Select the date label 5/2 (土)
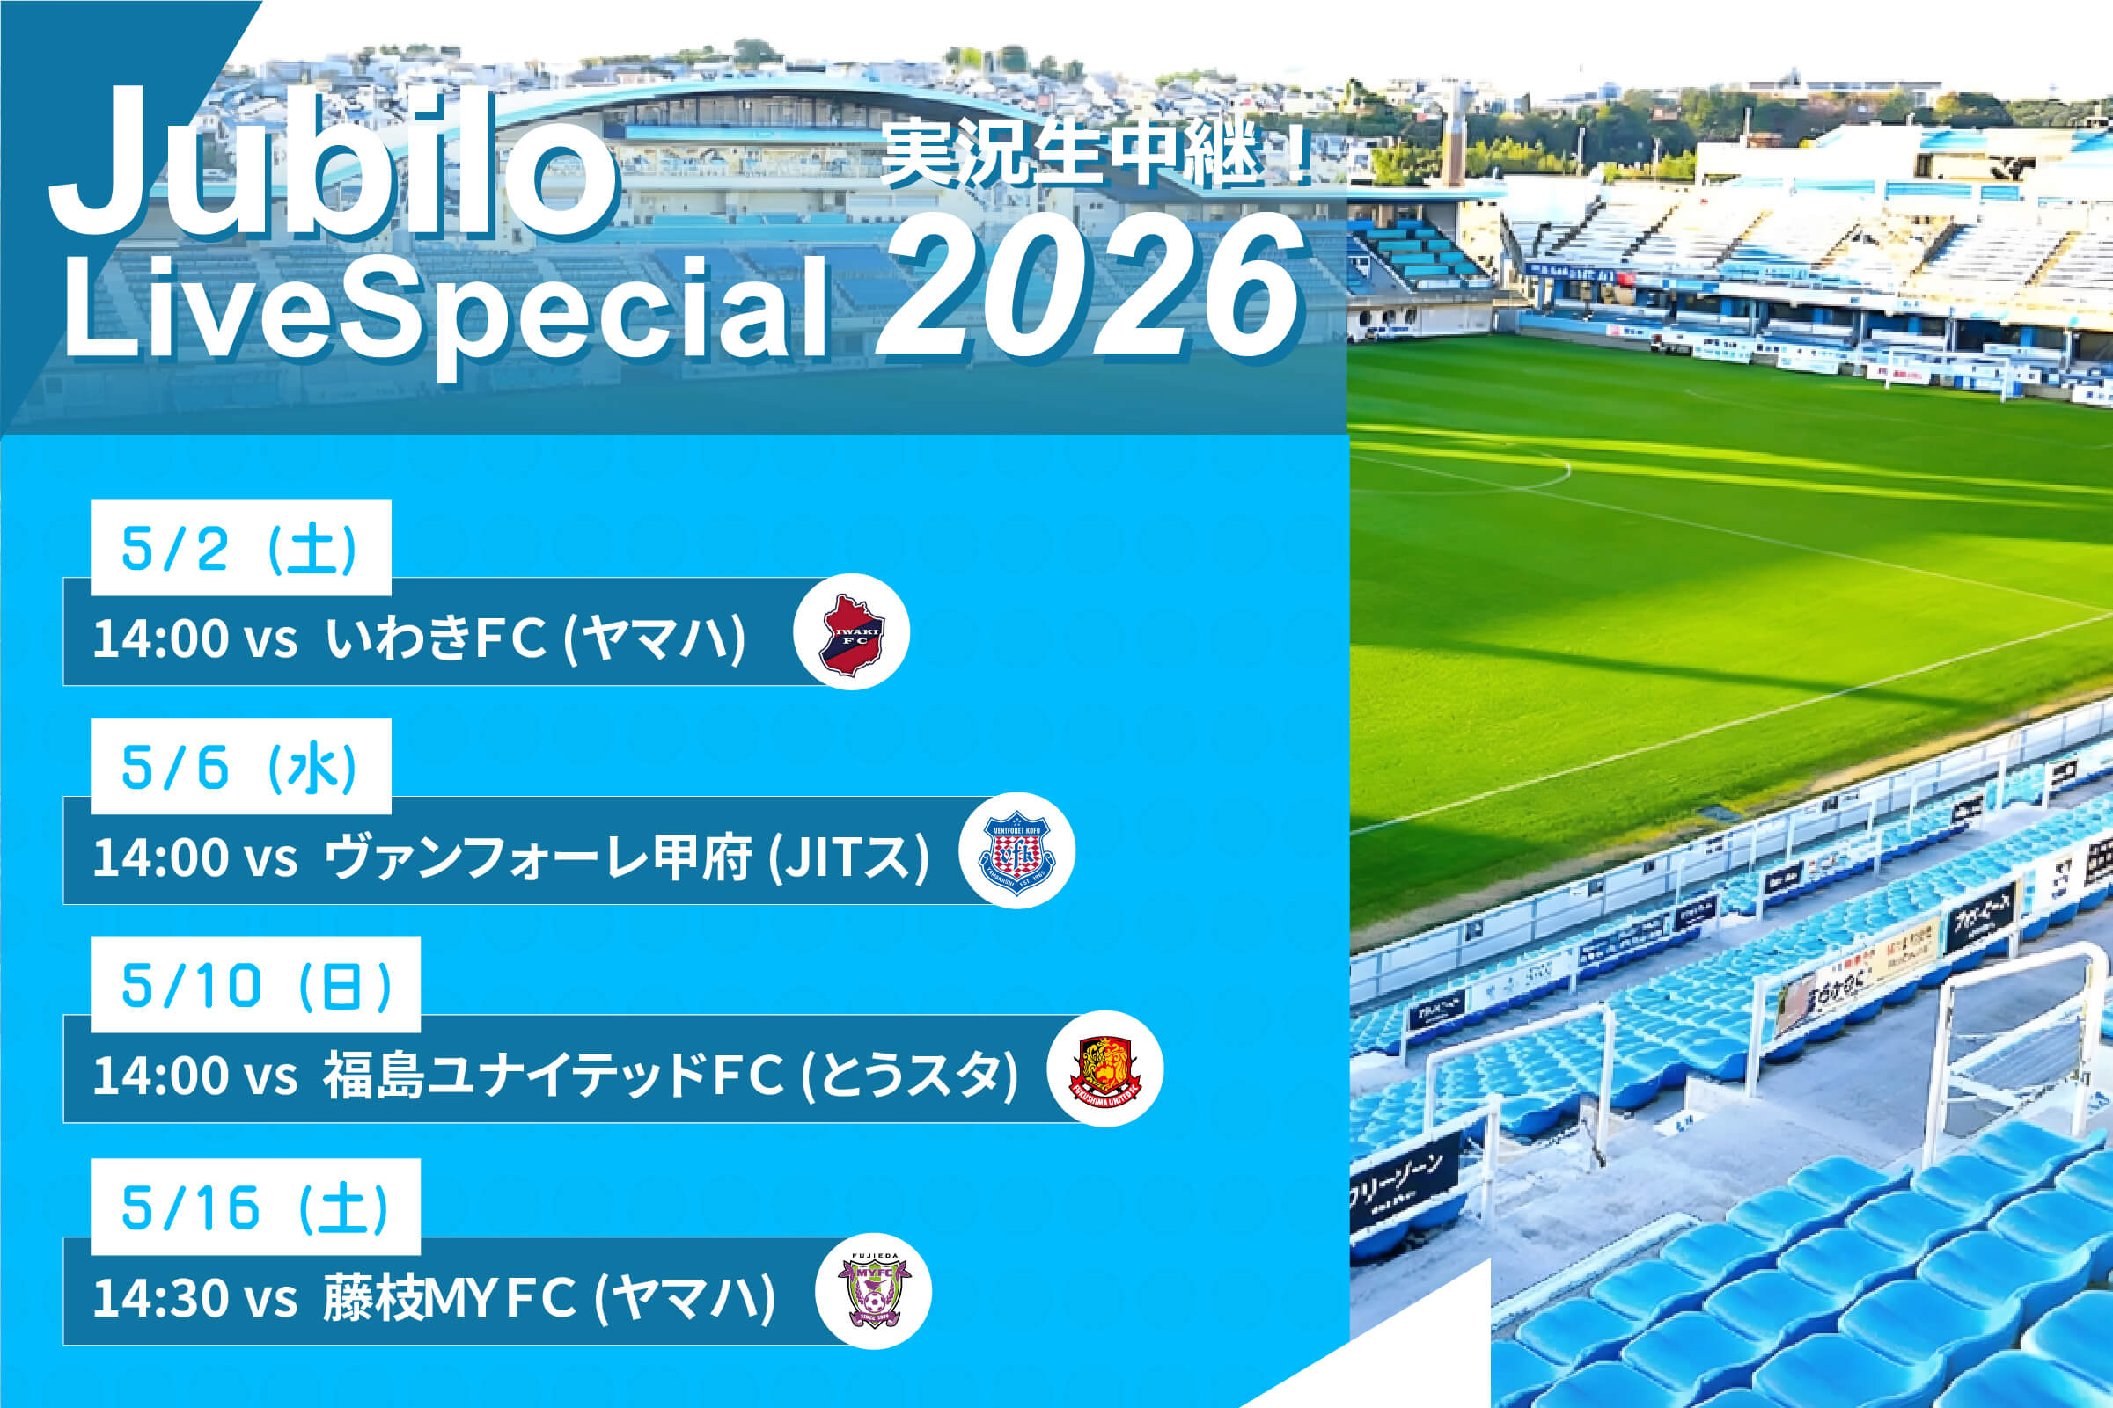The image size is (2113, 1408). click(240, 548)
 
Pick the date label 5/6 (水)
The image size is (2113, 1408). click(240, 767)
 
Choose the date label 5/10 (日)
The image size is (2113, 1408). click(256, 986)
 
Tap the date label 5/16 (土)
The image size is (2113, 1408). click(255, 1207)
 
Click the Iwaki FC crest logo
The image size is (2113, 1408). click(851, 632)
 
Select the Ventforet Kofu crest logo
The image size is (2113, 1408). click(1016, 850)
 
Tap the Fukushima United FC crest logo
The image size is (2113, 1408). click(1104, 1069)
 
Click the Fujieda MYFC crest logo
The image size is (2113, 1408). click(872, 1291)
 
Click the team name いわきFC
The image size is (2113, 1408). click(436, 638)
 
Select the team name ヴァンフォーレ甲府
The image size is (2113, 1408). click(537, 857)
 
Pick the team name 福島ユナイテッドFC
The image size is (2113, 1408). click(554, 1076)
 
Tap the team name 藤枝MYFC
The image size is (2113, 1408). click(449, 1298)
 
